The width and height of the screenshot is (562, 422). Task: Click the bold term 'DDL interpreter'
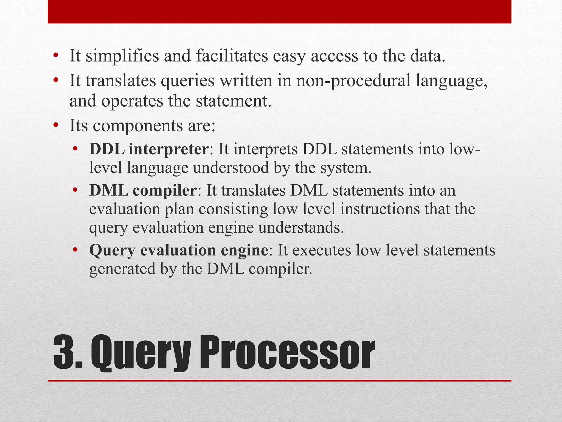pyautogui.click(x=149, y=150)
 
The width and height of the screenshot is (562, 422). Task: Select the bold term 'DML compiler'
pyautogui.click(x=143, y=190)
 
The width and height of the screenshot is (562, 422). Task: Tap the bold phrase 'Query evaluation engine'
pyautogui.click(x=179, y=250)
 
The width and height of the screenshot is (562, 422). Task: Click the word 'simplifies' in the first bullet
pyautogui.click(x=122, y=56)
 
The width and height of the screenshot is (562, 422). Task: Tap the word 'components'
pyautogui.click(x=137, y=126)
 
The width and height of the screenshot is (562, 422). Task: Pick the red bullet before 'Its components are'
pyautogui.click(x=56, y=126)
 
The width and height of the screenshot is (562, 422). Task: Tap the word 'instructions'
pyautogui.click(x=380, y=209)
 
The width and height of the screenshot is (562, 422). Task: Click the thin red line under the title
pyautogui.click(x=279, y=381)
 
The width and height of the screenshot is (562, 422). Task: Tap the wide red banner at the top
pyautogui.click(x=279, y=12)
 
